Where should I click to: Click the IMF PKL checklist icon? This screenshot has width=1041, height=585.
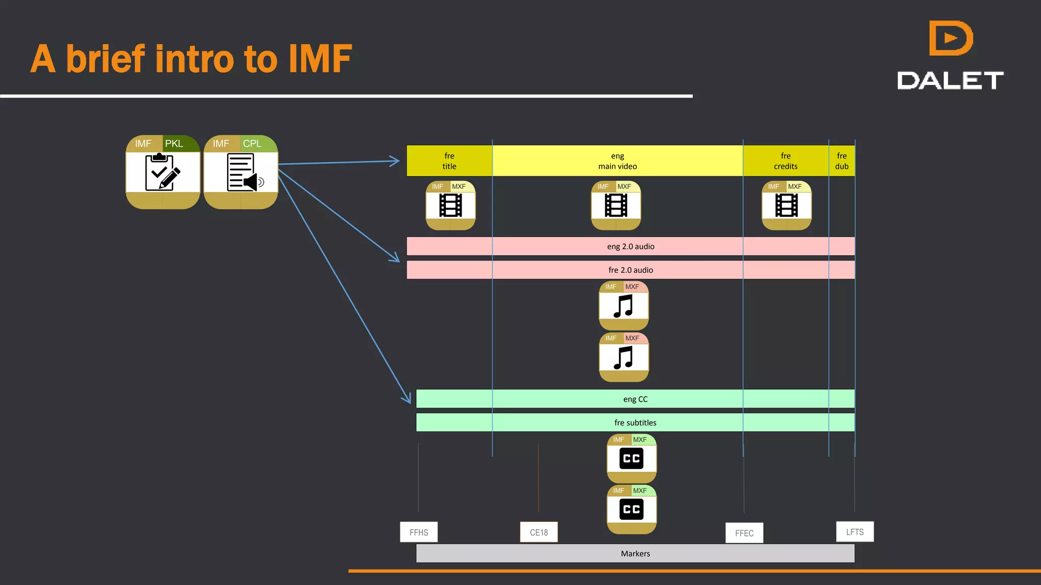163,172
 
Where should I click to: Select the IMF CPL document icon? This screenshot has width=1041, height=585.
241,172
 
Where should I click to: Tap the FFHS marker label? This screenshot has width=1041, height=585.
419,532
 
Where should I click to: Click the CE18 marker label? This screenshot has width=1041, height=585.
539,532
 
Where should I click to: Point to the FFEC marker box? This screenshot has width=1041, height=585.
744,533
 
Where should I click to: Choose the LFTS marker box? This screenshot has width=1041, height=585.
854,532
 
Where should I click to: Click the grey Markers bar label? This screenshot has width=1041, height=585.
635,554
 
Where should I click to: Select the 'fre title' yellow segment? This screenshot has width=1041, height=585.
449,161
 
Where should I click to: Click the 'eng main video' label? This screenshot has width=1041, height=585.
617,161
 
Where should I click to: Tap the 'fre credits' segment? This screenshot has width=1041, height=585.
785,161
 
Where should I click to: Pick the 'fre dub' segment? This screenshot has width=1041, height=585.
842,161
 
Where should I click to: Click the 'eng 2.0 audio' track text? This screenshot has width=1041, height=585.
630,246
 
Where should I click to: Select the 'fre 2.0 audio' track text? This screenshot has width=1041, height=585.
630,270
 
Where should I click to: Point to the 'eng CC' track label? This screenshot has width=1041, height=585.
635,399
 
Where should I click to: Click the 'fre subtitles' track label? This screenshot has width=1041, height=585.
635,422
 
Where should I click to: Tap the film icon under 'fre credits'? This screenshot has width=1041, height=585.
786,206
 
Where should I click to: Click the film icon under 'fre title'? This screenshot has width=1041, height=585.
450,206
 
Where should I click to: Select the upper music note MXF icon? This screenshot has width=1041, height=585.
624,306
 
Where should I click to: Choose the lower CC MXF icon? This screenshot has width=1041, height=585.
631,509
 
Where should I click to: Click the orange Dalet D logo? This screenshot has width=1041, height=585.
950,38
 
